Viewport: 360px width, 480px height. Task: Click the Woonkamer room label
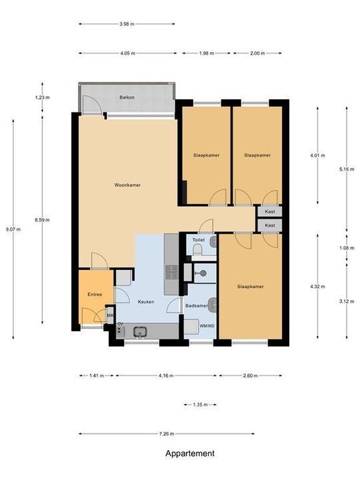coord(127,185)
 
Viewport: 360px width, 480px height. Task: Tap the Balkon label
coord(127,97)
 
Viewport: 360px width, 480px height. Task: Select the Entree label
coord(95,295)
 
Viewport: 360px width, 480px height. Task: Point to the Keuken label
coord(146,301)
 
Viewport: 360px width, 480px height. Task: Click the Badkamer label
coord(197,305)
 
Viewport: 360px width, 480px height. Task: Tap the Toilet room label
coord(199,240)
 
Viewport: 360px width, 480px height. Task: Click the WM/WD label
coord(207,326)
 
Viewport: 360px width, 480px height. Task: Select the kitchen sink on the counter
coord(140,331)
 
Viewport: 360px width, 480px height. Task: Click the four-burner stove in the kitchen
coord(171,273)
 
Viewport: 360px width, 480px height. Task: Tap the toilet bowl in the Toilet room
coord(198,251)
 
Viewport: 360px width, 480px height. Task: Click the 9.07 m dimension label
coord(13,229)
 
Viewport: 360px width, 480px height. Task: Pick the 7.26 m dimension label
coord(167,433)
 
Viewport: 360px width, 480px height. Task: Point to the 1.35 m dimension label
coord(200,405)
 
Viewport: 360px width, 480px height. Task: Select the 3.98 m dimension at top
coord(127,24)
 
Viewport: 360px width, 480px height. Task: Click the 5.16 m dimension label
coord(347,169)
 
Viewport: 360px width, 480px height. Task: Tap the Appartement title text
coord(190,453)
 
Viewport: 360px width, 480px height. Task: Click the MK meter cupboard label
coord(110,315)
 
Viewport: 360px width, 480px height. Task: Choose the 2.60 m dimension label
coord(250,375)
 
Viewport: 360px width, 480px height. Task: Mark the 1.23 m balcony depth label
coord(42,97)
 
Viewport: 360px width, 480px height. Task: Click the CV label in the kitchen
coord(120,324)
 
